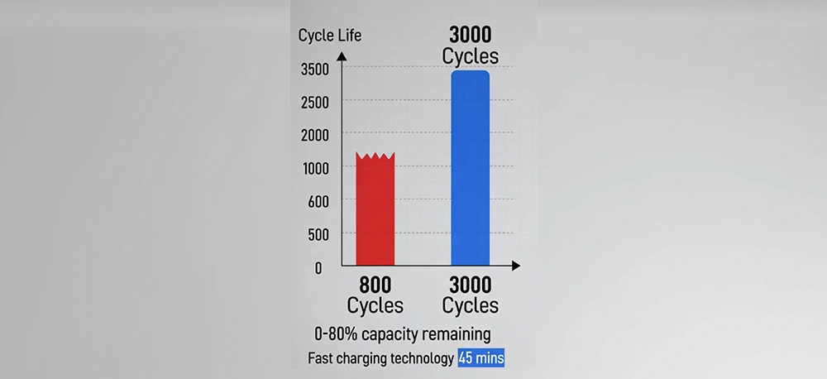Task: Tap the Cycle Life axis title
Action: (x=330, y=36)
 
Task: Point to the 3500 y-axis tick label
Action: (x=315, y=69)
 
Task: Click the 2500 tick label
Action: (x=315, y=102)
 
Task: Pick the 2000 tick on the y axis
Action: (x=315, y=135)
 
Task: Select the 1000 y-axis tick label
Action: (x=315, y=168)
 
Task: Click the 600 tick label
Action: (x=318, y=201)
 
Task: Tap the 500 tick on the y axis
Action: (x=318, y=234)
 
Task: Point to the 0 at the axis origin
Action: (x=318, y=267)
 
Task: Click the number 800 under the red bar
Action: (x=375, y=285)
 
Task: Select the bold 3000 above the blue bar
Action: (x=470, y=36)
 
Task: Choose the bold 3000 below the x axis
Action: (x=470, y=285)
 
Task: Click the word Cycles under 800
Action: (x=375, y=305)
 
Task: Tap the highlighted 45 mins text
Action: (x=480, y=358)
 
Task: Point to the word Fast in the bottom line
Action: (x=322, y=358)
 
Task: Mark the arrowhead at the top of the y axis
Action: (x=343, y=52)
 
